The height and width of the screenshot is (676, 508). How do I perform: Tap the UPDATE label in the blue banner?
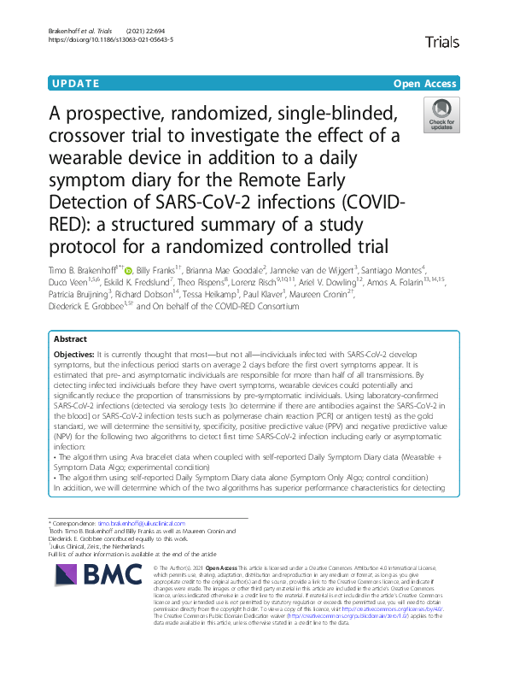coord(76,84)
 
